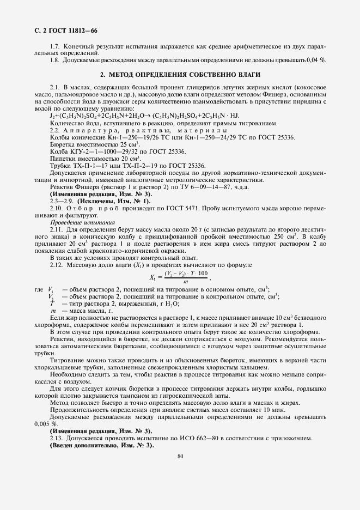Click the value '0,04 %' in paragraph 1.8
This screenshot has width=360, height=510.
click(315, 60)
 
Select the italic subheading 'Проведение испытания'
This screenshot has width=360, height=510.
click(83, 223)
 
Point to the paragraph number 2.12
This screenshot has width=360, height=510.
click(57, 265)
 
